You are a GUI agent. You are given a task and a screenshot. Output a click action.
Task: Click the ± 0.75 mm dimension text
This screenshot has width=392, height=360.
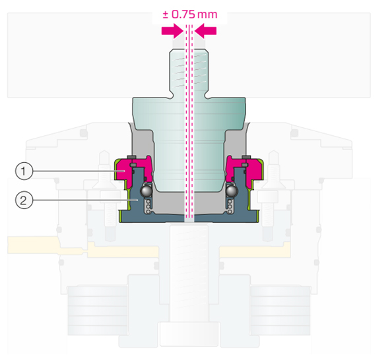tap(190, 15)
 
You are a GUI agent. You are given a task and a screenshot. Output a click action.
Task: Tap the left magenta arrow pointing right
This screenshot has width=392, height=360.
tap(172, 31)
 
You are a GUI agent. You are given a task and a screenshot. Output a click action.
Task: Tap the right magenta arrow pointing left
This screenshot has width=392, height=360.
tap(205, 31)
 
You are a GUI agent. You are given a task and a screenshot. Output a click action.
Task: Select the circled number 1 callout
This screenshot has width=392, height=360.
tap(24, 171)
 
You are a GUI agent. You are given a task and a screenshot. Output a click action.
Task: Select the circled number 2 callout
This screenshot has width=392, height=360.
tap(24, 200)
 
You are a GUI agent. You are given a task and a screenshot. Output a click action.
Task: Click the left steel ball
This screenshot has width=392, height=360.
tap(147, 191)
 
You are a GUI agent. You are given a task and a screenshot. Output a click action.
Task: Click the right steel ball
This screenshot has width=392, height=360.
tap(232, 191)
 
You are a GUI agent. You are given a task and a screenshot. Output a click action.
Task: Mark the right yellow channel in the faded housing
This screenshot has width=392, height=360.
tap(255, 250)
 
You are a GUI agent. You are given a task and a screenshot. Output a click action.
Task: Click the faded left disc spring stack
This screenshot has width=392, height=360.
tap(98, 310)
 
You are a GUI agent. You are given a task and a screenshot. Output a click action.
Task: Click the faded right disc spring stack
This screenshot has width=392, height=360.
tap(280, 310)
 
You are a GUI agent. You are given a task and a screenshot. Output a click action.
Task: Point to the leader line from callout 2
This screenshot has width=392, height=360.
tap(85, 200)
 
